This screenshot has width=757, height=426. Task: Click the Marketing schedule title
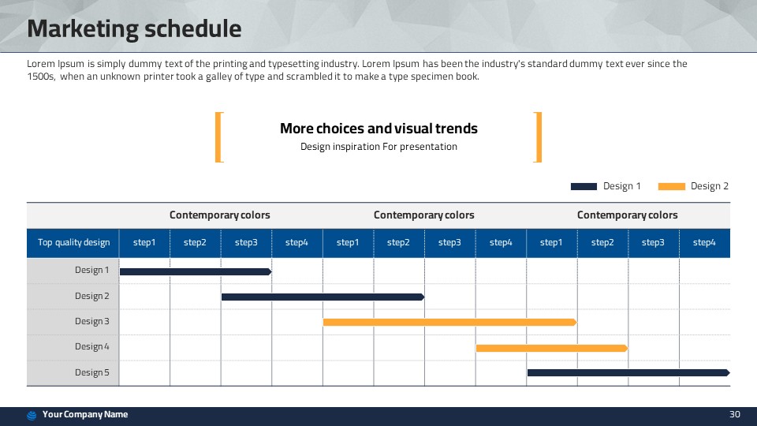click(134, 28)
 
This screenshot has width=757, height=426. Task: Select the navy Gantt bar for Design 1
click(196, 272)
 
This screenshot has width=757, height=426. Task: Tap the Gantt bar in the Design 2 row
click(323, 297)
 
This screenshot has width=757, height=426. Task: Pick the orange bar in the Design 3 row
click(450, 322)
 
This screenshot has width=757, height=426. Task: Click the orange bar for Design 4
click(552, 348)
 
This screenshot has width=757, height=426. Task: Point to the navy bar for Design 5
click(628, 372)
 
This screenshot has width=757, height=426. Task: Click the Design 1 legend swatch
click(584, 186)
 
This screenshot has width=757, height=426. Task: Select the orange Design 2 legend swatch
click(672, 186)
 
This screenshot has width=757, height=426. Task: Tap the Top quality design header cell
click(73, 242)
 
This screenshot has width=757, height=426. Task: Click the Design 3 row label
click(91, 321)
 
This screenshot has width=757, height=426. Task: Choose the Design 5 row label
click(91, 372)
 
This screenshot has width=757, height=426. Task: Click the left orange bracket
click(218, 137)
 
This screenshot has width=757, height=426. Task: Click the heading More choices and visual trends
click(378, 129)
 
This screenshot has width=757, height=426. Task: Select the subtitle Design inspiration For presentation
click(378, 147)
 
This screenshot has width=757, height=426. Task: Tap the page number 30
click(734, 414)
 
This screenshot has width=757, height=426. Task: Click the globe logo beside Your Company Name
click(32, 416)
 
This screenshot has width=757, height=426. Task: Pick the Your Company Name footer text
click(85, 414)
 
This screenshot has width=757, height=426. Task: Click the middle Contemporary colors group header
click(424, 215)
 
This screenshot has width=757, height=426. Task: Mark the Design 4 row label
click(91, 346)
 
